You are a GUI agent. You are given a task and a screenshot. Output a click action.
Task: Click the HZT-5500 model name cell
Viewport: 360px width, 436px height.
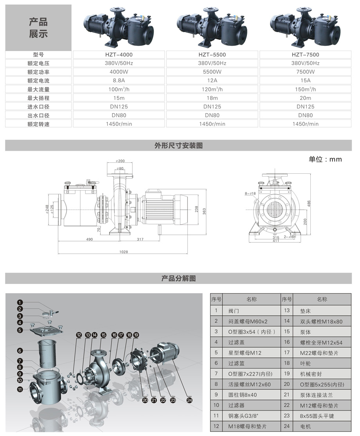click(x=212, y=55)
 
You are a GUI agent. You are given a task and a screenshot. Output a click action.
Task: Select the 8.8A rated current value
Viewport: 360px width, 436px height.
click(x=119, y=81)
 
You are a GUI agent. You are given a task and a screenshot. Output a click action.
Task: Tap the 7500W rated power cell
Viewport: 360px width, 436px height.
click(x=305, y=72)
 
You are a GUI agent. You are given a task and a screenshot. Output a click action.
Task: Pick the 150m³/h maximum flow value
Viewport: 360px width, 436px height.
click(x=305, y=89)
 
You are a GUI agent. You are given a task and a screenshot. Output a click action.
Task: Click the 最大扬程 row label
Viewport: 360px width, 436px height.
click(x=38, y=98)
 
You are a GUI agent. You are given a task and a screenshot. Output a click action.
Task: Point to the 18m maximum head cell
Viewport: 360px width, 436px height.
click(x=212, y=98)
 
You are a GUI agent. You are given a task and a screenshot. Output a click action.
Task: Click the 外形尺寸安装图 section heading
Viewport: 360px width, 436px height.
click(x=178, y=146)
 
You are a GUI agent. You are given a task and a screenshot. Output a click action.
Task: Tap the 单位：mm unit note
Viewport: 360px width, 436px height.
click(x=325, y=159)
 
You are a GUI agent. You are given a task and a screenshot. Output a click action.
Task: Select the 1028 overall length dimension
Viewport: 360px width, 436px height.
click(x=123, y=252)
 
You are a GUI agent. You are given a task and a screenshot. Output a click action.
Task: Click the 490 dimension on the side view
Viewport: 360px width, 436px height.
click(x=90, y=239)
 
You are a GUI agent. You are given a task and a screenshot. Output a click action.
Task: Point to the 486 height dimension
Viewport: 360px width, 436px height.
click(x=309, y=204)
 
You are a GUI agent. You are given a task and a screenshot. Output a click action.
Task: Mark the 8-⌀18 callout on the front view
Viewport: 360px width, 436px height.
click(x=250, y=193)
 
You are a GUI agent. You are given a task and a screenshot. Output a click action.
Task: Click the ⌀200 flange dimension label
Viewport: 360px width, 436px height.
click(x=120, y=161)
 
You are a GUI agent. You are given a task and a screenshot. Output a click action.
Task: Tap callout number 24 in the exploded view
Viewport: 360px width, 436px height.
click(x=189, y=400)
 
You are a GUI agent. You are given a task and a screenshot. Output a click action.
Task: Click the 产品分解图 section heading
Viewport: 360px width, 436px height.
click(x=178, y=279)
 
